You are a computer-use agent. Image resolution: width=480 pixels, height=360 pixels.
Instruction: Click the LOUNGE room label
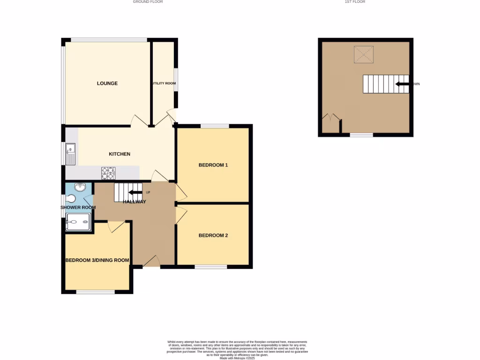tap(107, 83)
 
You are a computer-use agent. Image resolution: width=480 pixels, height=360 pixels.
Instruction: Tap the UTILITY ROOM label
tap(164, 83)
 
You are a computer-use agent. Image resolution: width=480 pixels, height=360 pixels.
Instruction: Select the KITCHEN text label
tap(120, 154)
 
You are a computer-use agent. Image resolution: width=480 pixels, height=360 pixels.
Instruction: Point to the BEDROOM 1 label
tap(213, 165)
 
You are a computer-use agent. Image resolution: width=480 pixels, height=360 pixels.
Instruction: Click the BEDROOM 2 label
tap(213, 235)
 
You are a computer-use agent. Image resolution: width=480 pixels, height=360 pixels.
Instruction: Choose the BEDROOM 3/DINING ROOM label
tap(97, 261)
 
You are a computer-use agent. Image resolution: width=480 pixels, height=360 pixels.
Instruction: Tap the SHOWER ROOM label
tap(78, 208)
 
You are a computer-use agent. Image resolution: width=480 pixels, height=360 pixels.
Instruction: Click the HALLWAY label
tap(135, 202)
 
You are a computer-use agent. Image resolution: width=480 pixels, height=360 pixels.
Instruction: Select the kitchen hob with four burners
tap(108, 173)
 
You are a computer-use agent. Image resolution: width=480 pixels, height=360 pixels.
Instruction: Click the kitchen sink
tap(71, 154)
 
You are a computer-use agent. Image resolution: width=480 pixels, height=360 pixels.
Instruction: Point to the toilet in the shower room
tap(71, 199)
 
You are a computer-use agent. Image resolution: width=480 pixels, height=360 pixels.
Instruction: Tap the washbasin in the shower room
tap(80, 187)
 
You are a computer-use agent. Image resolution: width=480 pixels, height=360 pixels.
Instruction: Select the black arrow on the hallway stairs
tap(135, 192)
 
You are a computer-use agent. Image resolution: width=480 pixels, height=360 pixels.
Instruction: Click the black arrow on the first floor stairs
tap(402, 84)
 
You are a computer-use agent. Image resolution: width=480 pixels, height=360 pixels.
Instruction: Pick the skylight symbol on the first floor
tap(363, 54)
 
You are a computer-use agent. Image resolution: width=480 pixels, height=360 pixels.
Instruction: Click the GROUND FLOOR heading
tap(148, 2)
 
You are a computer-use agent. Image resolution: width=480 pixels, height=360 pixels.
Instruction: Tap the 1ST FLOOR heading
tap(355, 2)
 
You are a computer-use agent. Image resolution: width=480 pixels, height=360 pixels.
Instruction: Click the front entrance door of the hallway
tap(151, 262)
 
